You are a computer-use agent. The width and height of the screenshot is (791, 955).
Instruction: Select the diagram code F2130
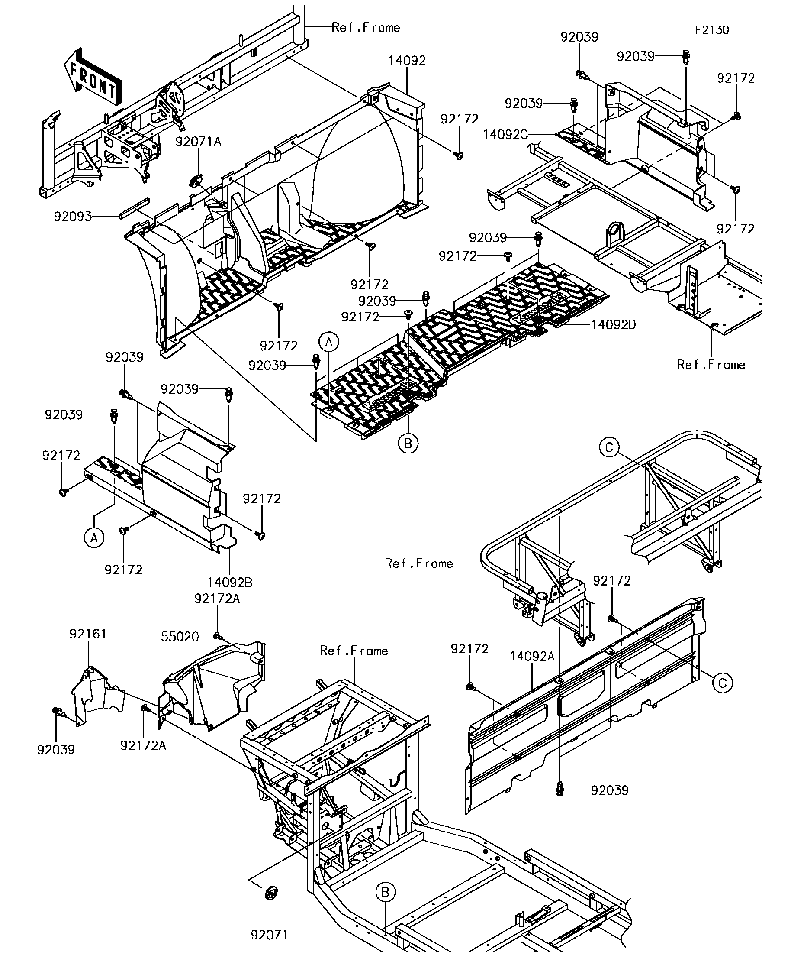711,30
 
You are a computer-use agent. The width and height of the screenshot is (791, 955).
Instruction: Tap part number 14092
407,61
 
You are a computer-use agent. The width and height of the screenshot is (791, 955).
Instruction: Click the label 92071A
198,142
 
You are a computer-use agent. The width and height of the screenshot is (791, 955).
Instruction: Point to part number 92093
73,217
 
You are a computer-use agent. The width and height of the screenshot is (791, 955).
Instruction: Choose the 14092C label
505,135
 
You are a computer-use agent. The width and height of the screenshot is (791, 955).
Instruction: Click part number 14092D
613,325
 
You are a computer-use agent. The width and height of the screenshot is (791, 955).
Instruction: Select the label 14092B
230,582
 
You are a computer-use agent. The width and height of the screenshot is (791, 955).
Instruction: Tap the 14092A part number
532,656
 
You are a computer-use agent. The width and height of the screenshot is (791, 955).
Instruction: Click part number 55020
180,637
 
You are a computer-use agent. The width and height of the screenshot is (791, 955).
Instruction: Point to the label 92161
88,634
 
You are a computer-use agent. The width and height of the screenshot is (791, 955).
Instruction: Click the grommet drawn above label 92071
271,893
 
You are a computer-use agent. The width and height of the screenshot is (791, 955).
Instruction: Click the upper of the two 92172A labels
217,599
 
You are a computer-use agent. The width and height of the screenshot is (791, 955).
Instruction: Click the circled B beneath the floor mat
408,443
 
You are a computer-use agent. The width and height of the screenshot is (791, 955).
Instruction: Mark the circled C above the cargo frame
609,447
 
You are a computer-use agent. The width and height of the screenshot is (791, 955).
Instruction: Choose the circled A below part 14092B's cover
94,538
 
